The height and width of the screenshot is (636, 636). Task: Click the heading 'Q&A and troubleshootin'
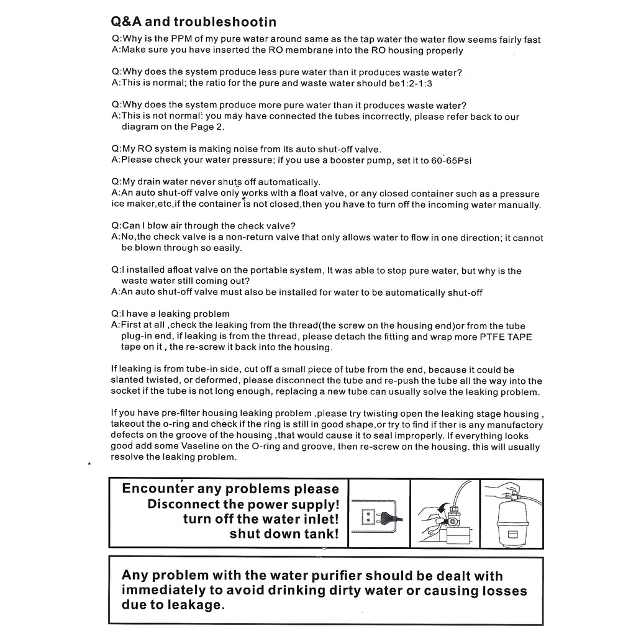[x=193, y=22]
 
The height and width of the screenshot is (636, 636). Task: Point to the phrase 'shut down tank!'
[x=284, y=534]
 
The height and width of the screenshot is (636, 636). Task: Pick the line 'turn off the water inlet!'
[x=261, y=519]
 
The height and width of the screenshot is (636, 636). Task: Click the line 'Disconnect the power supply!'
[x=243, y=504]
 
